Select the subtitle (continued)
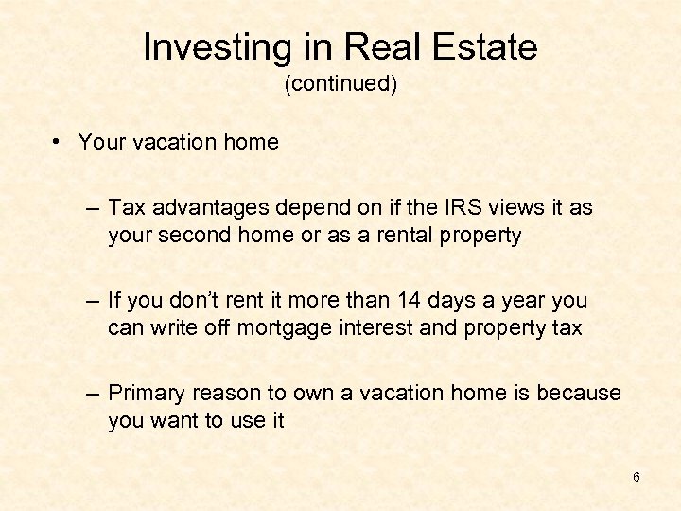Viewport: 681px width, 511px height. click(340, 84)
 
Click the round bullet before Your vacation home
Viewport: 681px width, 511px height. click(59, 142)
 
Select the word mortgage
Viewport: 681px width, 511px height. click(262, 329)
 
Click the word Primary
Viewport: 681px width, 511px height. click(145, 393)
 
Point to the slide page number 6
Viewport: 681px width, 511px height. click(637, 477)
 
